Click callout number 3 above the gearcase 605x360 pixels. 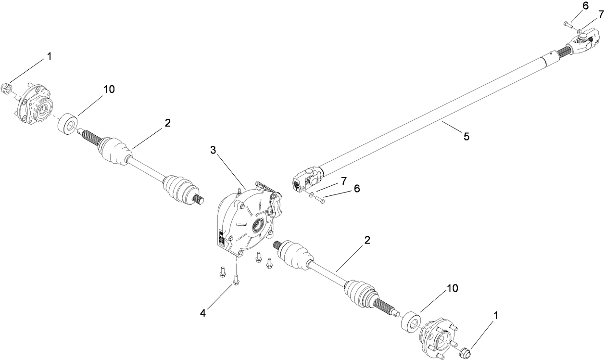coord(213,150)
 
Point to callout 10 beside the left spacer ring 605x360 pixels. coord(109,90)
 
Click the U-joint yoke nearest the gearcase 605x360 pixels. coord(306,181)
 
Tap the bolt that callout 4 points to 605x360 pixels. coord(236,279)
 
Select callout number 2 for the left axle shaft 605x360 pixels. coord(167,123)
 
